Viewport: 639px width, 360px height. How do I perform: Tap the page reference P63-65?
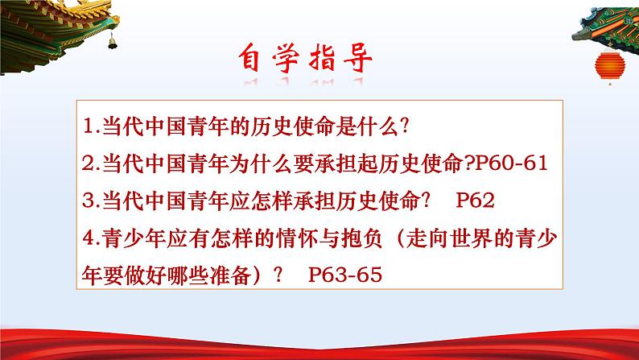click(x=342, y=275)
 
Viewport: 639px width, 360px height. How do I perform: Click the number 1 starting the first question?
click(x=88, y=127)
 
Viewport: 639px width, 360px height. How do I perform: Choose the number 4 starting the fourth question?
click(x=88, y=238)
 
